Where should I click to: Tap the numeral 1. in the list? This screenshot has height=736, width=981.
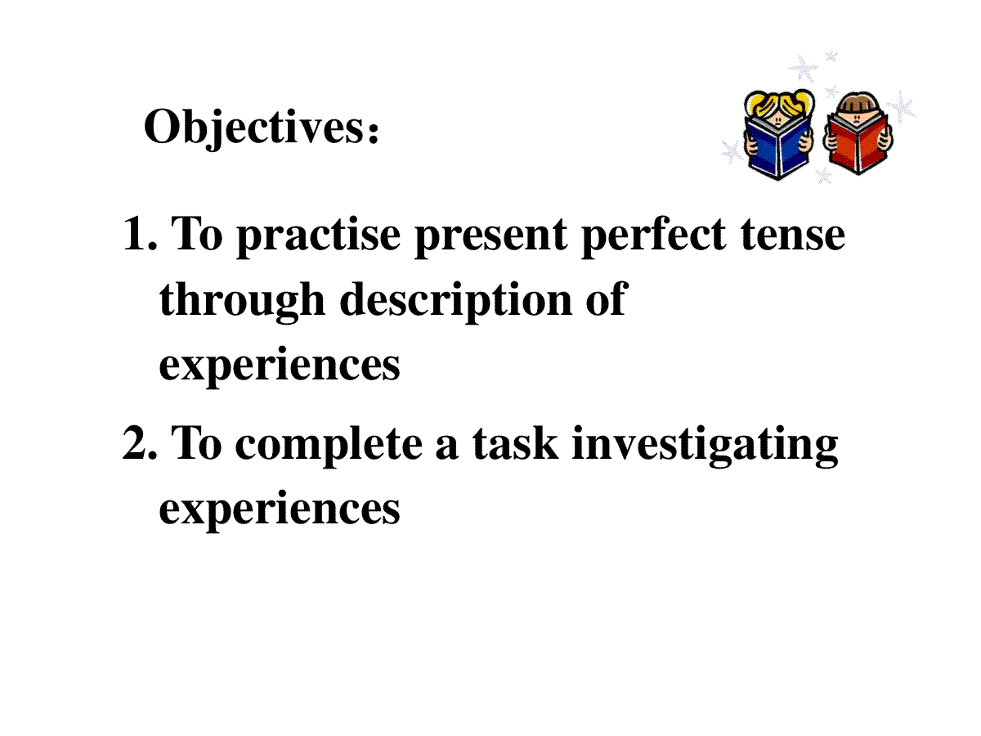pyautogui.click(x=141, y=233)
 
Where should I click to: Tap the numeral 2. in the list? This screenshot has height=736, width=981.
pyautogui.click(x=140, y=442)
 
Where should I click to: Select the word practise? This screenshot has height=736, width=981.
pyautogui.click(x=318, y=236)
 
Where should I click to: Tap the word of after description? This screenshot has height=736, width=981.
pyautogui.click(x=607, y=298)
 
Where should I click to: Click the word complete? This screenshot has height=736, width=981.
pyautogui.click(x=329, y=446)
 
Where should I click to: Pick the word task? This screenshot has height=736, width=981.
pyautogui.click(x=515, y=442)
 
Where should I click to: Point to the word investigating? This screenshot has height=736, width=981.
pyautogui.click(x=706, y=446)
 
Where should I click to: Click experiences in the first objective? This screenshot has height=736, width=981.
pyautogui.click(x=280, y=367)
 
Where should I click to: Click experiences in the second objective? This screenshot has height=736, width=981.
pyautogui.click(x=280, y=511)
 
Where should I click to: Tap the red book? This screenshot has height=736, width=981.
pyautogui.click(x=858, y=144)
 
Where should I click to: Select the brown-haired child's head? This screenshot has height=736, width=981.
pyautogui.click(x=858, y=110)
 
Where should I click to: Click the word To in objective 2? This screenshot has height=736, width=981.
pyautogui.click(x=196, y=442)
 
